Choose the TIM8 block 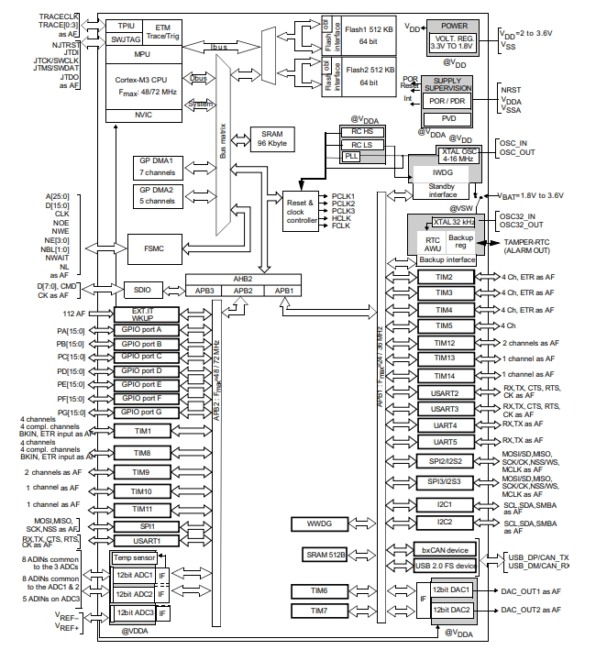click(142, 453)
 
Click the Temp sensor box click(135, 556)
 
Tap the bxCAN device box click(445, 550)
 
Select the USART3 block click(445, 409)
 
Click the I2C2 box click(445, 522)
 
